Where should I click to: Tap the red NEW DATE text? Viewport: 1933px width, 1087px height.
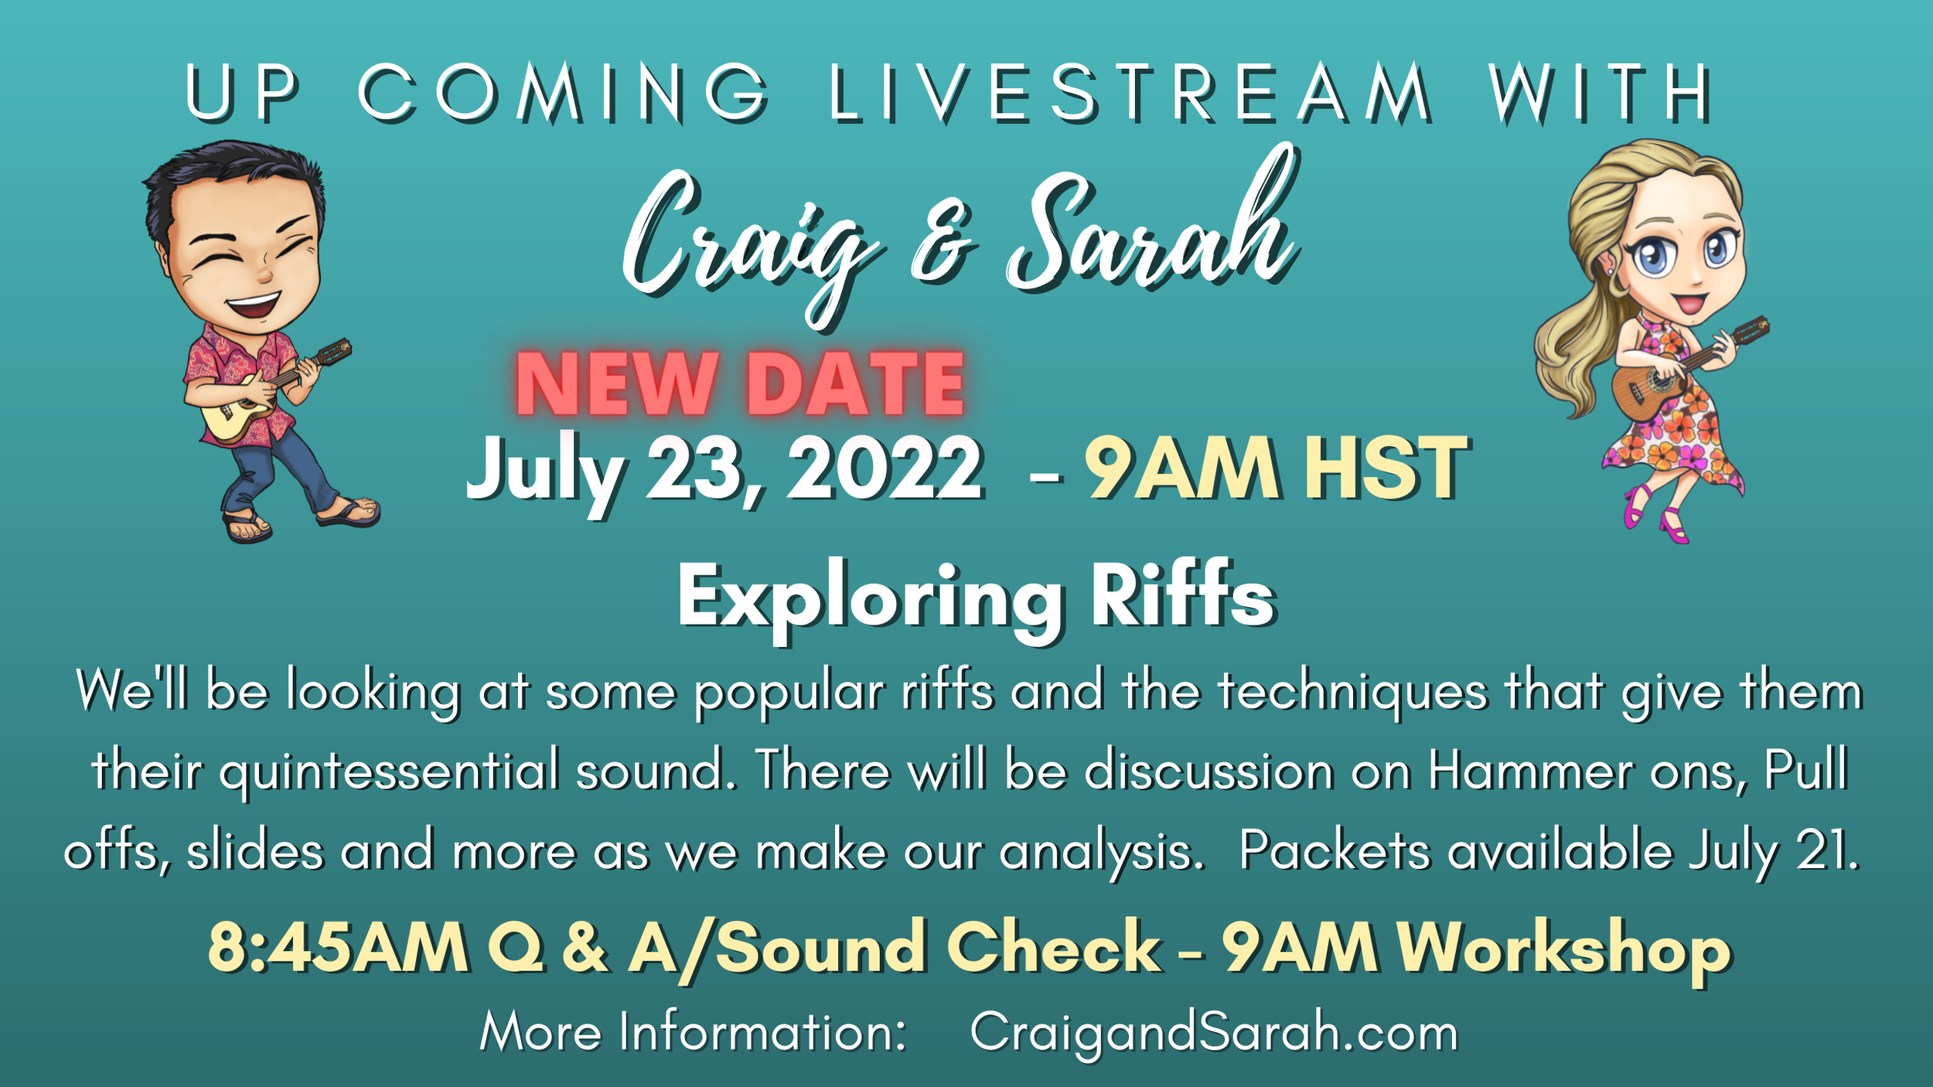(740, 384)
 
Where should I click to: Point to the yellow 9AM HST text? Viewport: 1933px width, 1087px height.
(1277, 469)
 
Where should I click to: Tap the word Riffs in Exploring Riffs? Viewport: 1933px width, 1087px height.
(1183, 595)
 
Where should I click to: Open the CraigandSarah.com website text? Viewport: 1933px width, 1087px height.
(1214, 1033)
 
